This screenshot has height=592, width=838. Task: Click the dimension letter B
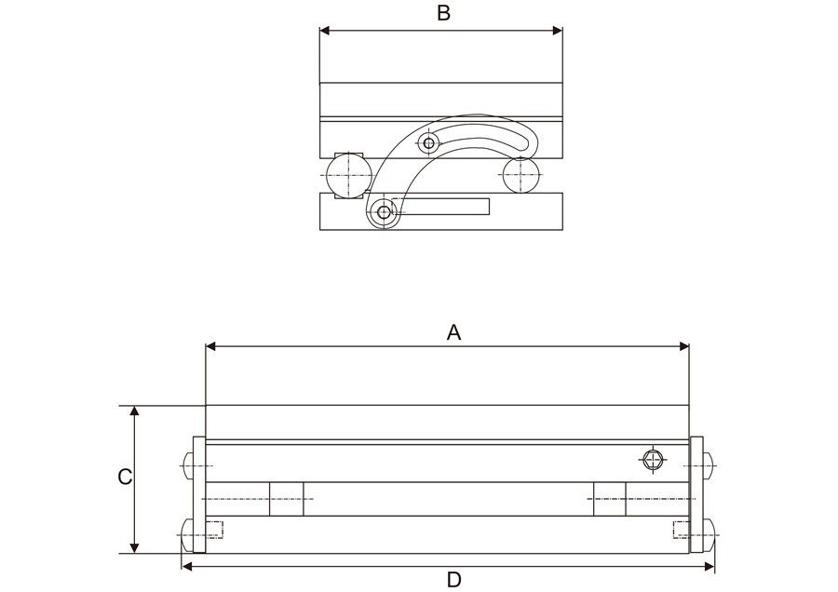point(444,13)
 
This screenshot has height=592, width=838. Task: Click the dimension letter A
point(453,332)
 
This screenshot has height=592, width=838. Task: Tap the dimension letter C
point(124,477)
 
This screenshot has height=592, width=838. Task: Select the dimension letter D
point(453,580)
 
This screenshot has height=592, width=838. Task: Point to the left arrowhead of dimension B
point(325,31)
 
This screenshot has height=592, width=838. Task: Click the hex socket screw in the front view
point(654,458)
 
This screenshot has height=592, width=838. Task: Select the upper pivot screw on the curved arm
point(428,142)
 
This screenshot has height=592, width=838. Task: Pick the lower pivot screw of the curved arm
point(385,212)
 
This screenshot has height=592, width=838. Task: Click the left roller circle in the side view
point(349,174)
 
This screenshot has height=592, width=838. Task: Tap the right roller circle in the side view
point(520,175)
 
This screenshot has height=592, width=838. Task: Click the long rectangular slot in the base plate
point(443,207)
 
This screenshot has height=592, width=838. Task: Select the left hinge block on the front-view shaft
point(287,499)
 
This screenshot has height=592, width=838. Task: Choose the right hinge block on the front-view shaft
point(609,499)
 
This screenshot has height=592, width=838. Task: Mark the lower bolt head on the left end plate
point(185,531)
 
